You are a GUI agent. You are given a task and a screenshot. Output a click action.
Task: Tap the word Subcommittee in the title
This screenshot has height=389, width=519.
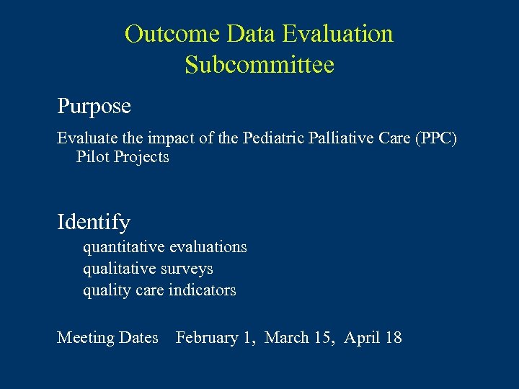(x=259, y=65)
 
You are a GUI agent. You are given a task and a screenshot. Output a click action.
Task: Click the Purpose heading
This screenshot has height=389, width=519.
(x=94, y=107)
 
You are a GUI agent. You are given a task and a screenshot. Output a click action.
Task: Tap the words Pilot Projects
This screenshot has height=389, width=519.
(x=123, y=157)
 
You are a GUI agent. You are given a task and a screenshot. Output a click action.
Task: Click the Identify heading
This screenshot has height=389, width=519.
(x=94, y=222)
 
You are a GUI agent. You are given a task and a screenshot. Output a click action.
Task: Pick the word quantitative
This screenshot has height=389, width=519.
(x=123, y=247)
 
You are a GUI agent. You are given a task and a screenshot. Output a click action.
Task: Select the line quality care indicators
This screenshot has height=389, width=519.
(x=159, y=290)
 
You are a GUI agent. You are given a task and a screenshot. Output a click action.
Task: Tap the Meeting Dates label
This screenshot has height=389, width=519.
(x=107, y=337)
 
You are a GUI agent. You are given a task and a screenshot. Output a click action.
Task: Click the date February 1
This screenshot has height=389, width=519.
(x=216, y=337)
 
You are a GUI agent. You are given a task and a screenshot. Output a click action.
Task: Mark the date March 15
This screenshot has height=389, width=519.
(x=300, y=337)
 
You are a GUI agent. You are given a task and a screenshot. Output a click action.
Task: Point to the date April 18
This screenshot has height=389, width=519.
(x=373, y=337)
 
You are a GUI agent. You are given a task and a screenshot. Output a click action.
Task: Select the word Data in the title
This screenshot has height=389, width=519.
(x=252, y=34)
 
